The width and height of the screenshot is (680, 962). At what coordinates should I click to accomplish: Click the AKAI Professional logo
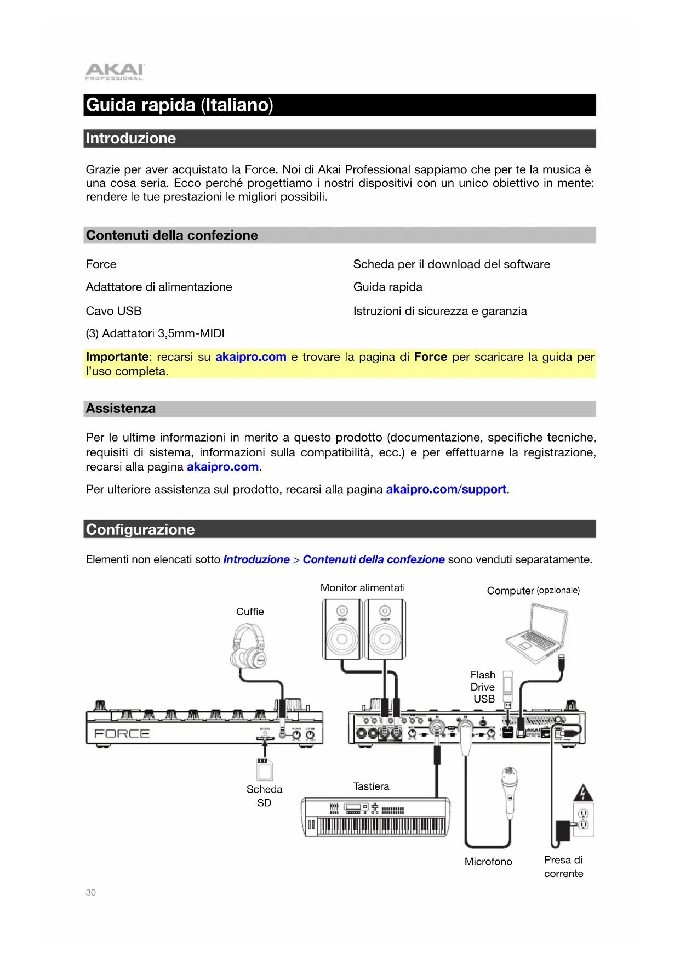pos(114,72)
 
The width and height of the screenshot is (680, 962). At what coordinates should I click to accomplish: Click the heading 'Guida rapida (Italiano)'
pos(179,105)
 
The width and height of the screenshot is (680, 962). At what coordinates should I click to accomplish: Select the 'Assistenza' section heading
pos(121,409)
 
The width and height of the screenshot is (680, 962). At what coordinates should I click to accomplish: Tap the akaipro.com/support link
pos(446,489)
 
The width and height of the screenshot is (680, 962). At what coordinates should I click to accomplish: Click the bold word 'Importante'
pos(117,357)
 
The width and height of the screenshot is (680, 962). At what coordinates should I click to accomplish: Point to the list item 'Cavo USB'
pos(113,311)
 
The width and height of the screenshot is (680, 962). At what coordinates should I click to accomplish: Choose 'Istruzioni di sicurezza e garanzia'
pos(439,311)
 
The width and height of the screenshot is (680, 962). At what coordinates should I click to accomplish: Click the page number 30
pos(90,892)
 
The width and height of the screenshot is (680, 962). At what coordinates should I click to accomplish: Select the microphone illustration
pos(510,790)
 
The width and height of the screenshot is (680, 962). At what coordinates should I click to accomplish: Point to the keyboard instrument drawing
pos(376,817)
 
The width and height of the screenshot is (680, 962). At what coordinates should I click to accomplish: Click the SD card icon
pos(265,768)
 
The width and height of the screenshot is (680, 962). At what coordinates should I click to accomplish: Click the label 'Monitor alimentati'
pos(362,588)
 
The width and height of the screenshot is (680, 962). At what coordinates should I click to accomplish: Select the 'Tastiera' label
pos(371,786)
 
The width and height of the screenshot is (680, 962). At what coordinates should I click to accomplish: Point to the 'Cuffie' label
pos(250,612)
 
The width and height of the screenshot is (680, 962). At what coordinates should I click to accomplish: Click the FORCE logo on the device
pos(122,734)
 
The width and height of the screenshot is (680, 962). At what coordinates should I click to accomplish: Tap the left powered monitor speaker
pos(342,629)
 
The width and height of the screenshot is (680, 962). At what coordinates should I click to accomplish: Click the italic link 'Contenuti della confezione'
pos(373,559)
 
